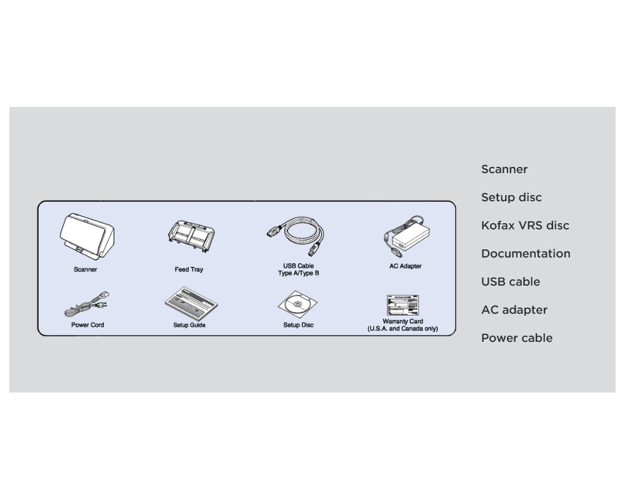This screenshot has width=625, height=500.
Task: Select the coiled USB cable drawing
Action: coord(298,234)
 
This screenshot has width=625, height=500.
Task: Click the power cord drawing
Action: coord(86,306)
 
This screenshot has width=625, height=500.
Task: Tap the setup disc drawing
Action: coord(298,305)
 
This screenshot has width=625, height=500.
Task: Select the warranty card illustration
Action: coord(402,305)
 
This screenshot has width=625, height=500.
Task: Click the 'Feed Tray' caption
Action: coord(189,270)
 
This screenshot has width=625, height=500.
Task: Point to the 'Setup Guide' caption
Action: coord(189,326)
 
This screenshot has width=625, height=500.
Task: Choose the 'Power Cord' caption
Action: coord(87,326)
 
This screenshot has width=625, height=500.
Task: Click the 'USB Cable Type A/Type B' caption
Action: coord(299,270)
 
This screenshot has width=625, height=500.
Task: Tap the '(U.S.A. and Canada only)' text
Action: coord(402,329)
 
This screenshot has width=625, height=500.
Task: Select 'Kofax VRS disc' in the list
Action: coord(525,226)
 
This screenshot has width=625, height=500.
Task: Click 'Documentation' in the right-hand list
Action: coord(526,254)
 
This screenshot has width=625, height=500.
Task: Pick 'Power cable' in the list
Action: coord(517,338)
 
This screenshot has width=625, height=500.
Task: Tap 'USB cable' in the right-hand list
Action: coord(511,282)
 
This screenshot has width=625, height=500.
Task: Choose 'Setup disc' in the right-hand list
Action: coord(511,197)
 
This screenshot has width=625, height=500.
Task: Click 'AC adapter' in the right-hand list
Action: coord(514,310)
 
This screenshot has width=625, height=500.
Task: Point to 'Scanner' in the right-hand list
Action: coord(504,169)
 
